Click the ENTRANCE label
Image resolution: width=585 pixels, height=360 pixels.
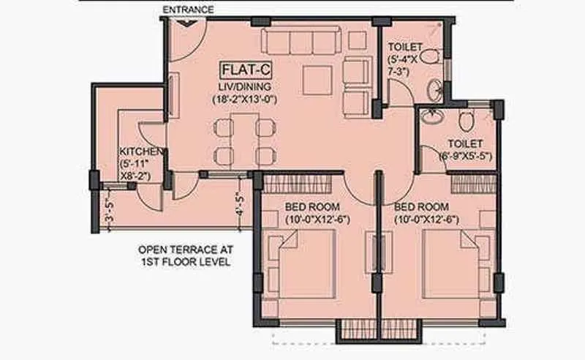pos(188,10)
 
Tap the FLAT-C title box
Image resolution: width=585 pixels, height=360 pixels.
pos(244,71)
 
